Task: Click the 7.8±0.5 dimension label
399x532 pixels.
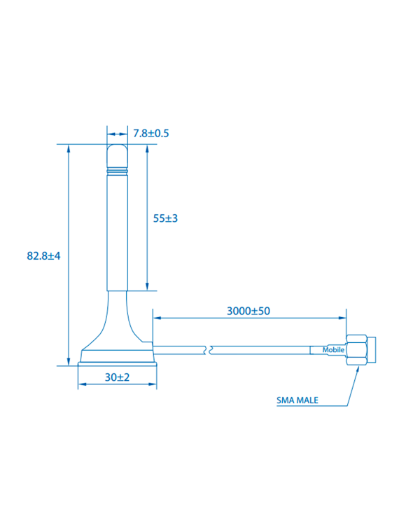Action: [151, 133]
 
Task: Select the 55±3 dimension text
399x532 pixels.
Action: [166, 218]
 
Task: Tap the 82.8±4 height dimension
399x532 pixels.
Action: [44, 256]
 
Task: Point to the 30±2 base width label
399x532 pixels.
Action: [118, 377]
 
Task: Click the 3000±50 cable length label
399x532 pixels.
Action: [248, 311]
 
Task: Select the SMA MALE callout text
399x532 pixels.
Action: [297, 401]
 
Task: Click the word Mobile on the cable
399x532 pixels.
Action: [332, 350]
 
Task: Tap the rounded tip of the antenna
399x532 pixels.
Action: [118, 153]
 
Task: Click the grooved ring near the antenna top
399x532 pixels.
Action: [118, 170]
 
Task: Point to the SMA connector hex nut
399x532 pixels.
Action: [357, 350]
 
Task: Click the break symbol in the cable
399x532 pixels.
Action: [208, 349]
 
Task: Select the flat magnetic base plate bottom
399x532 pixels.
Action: [117, 361]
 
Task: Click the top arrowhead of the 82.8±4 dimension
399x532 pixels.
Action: [68, 148]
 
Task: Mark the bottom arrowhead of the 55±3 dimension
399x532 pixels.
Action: [147, 286]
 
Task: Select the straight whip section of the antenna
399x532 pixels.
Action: [118, 231]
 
